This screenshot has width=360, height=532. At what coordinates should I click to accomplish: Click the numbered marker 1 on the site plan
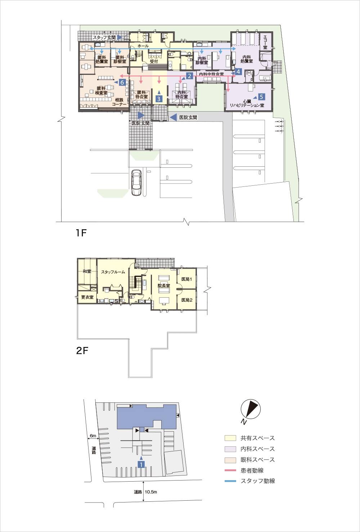(141, 464)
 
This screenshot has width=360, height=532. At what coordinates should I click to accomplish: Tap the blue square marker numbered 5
(261, 97)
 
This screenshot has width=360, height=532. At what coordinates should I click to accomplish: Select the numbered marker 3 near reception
(159, 99)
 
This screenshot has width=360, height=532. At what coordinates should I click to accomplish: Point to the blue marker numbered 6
(122, 82)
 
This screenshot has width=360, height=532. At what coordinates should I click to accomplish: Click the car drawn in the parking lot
(136, 182)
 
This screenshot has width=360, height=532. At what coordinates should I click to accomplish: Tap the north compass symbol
(251, 409)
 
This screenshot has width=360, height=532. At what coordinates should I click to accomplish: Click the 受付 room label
(154, 61)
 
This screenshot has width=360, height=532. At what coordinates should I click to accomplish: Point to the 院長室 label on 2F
(164, 285)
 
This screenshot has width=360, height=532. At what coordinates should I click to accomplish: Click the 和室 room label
(87, 271)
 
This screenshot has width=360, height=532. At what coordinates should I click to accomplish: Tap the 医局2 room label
(187, 300)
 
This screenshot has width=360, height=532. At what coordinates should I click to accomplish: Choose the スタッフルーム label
(113, 272)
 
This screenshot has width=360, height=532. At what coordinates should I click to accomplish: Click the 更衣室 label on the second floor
(87, 297)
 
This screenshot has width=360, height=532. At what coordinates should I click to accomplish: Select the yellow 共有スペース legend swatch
(230, 438)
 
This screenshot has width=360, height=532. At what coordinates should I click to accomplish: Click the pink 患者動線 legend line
(230, 470)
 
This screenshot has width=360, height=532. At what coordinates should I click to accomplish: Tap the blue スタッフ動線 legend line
(230, 481)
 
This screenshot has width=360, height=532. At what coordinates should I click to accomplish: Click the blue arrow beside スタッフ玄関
(119, 37)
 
